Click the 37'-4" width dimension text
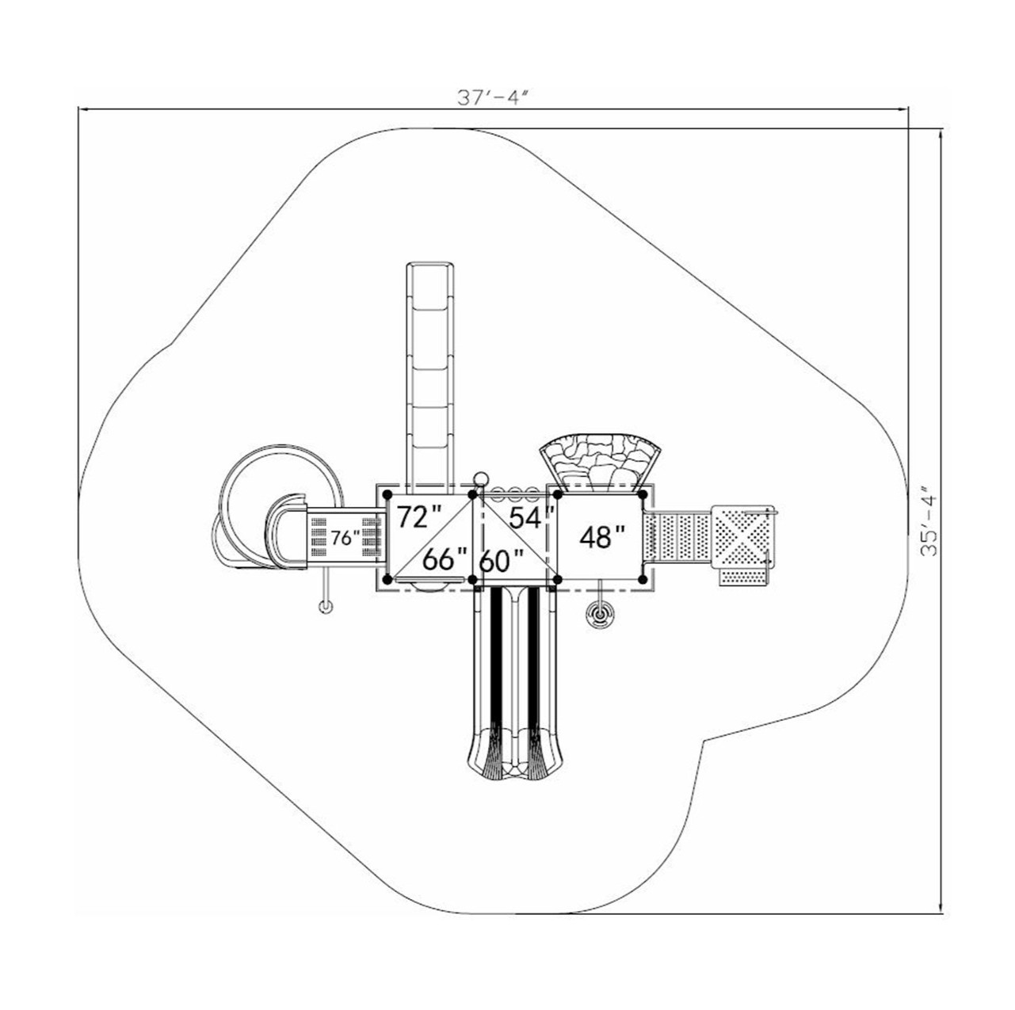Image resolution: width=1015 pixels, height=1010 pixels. click(491, 98)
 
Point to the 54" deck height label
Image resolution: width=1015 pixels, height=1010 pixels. click(532, 517)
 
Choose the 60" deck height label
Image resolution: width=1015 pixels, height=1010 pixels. click(501, 562)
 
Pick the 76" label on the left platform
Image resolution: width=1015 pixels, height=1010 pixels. click(345, 538)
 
